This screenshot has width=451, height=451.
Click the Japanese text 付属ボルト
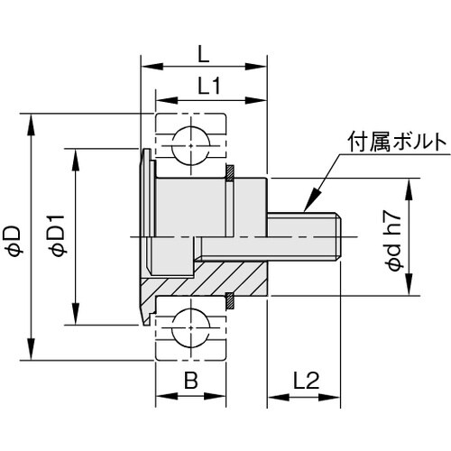point(395,143)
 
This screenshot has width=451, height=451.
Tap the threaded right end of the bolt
point(335,236)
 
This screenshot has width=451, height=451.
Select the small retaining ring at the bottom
point(230,297)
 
